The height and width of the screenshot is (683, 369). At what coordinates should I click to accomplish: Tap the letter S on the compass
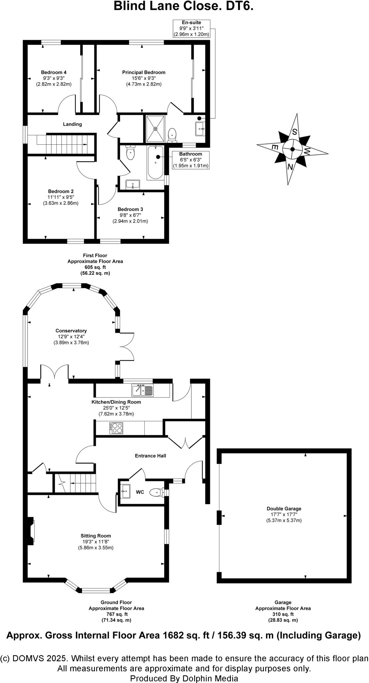(295, 131)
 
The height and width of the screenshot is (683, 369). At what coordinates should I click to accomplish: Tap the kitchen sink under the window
(142, 390)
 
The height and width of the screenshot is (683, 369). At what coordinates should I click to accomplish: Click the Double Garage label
(284, 509)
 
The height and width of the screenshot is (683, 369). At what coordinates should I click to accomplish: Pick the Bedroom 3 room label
(130, 209)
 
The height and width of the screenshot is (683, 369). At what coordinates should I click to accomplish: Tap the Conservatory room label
(71, 331)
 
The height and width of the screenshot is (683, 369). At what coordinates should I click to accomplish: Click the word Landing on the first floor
(72, 124)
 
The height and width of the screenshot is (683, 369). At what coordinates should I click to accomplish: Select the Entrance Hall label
(150, 456)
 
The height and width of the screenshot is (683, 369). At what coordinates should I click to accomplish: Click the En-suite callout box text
(191, 28)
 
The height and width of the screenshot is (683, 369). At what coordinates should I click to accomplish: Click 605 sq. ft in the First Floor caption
(95, 267)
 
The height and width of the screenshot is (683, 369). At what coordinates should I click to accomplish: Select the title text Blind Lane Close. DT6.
(183, 6)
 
